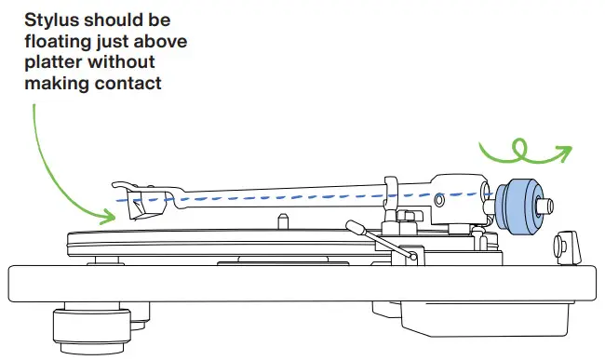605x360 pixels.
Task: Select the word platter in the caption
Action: [x=50, y=62]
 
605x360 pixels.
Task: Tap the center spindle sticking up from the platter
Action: [x=280, y=220]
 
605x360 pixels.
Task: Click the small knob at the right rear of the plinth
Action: [x=563, y=245]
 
